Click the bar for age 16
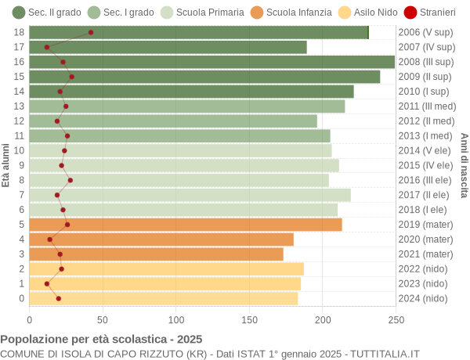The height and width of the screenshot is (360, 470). [x=211, y=62]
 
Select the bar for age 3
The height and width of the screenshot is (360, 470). [x=156, y=254]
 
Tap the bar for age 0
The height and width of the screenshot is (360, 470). [x=164, y=298]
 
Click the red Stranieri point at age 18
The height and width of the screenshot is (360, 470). [x=91, y=32]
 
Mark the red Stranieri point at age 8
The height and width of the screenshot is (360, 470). [x=70, y=180]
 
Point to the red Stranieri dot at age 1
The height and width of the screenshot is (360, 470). [x=47, y=284]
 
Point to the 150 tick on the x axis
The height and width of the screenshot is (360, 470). [x=249, y=319]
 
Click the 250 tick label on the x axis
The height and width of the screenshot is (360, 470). [x=396, y=319]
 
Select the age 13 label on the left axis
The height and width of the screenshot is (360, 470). [x=20, y=106]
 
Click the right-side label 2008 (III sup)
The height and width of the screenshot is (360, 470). [x=425, y=62]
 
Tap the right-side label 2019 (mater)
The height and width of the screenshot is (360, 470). [x=425, y=225]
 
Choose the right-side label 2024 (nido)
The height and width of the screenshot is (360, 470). [x=423, y=298]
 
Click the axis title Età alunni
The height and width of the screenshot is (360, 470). [x=6, y=165]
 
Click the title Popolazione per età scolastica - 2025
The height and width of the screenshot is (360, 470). [x=101, y=340]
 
